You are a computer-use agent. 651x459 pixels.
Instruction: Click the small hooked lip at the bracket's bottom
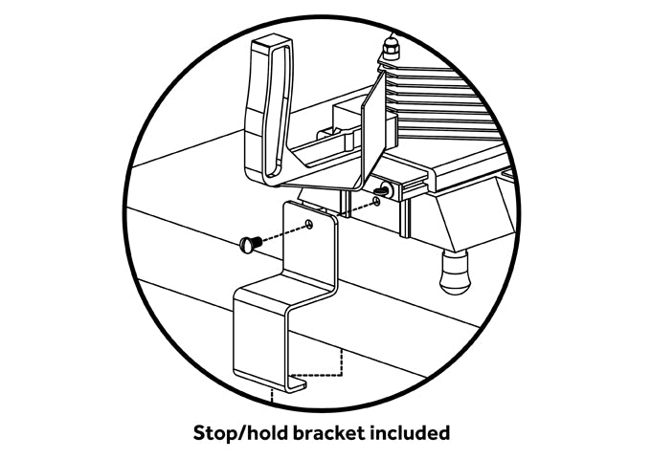[291, 383]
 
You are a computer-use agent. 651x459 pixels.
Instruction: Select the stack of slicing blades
[450, 105]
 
